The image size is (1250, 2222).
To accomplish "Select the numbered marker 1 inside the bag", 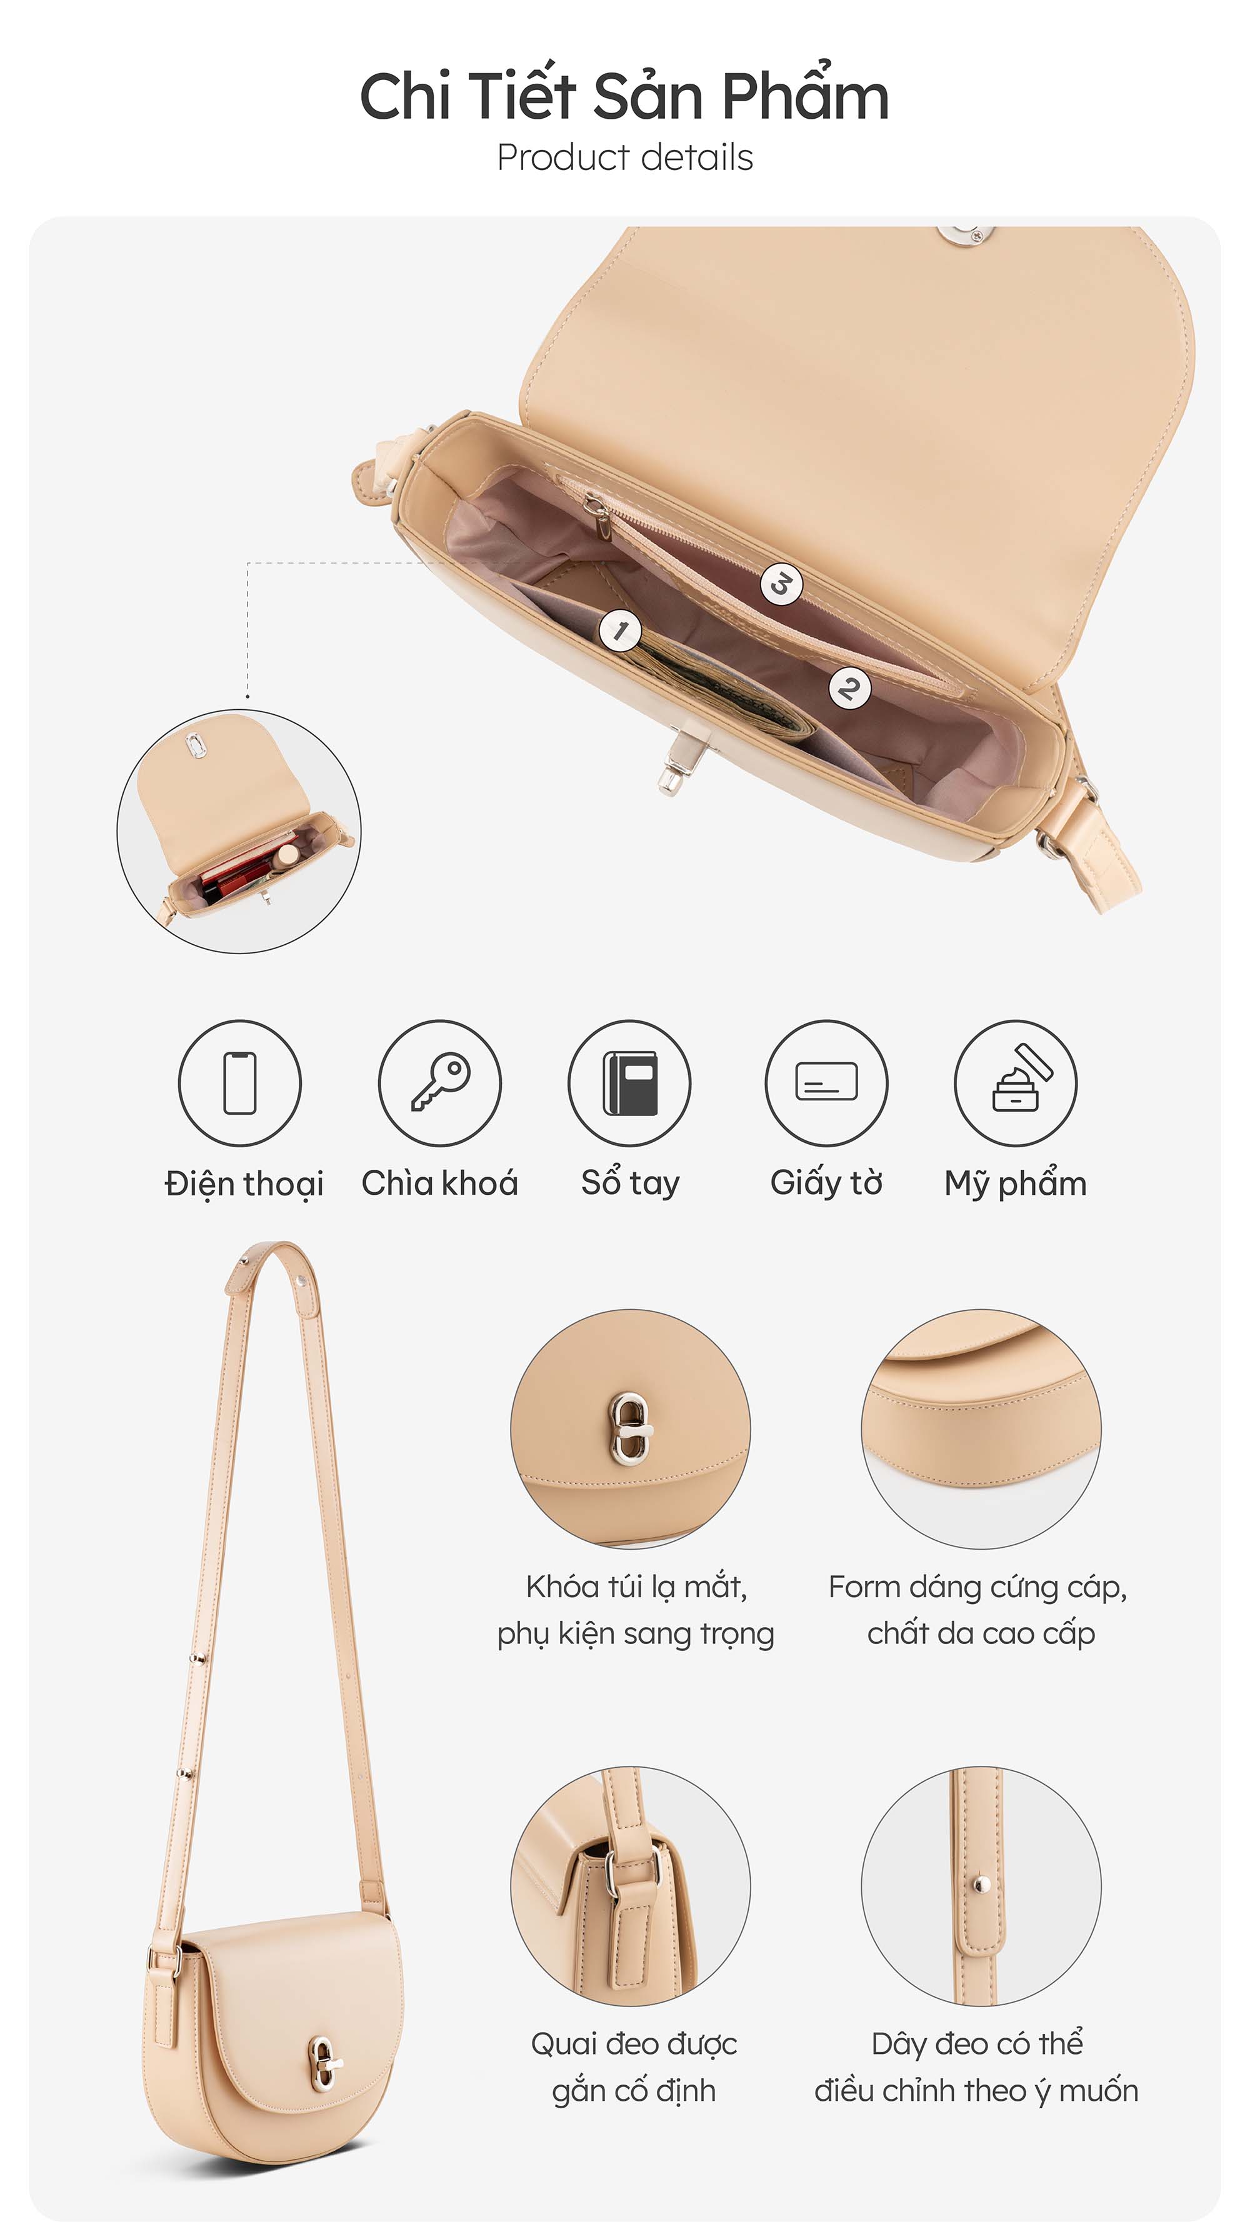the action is pyautogui.click(x=620, y=630).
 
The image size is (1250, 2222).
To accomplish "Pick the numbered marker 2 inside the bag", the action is pyautogui.click(x=849, y=689).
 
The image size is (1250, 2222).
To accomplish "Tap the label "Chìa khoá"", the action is pyautogui.click(x=440, y=1183).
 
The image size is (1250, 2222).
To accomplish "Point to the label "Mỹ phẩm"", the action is pyautogui.click(x=1016, y=1183).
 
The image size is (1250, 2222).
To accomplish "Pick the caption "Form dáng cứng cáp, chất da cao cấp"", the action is pyautogui.click(x=978, y=1610).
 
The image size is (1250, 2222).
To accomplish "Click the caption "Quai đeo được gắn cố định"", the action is pyautogui.click(x=634, y=2067).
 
